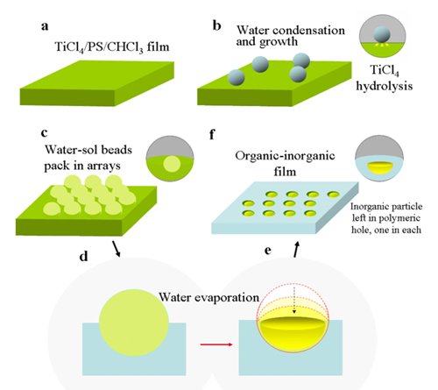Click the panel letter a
click(45, 26)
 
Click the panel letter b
click(216, 25)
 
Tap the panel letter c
click(44, 133)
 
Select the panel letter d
click(84, 256)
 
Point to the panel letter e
click(267, 251)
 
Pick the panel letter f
click(212, 135)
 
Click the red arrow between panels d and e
click(216, 344)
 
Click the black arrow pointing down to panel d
click(117, 249)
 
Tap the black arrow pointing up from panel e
click(297, 249)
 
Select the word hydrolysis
click(385, 86)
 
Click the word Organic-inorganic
click(285, 156)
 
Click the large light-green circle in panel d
click(134, 323)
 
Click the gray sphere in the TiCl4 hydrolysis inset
click(382, 35)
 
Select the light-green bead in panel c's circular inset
click(172, 164)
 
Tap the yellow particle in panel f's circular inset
click(380, 168)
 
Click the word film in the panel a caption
click(158, 47)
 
